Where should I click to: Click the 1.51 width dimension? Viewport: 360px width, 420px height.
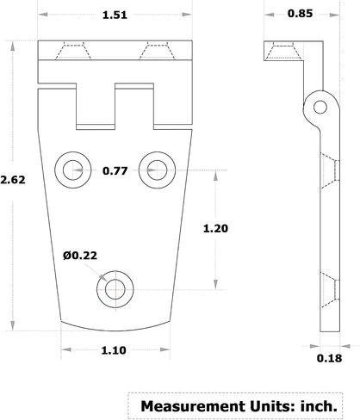point(115,15)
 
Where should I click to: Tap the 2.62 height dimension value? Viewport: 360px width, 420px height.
point(13,180)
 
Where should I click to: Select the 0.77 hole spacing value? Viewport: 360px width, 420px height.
point(115,170)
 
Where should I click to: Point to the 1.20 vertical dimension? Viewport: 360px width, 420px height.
point(215,228)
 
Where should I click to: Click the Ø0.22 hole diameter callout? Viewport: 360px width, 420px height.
point(80,256)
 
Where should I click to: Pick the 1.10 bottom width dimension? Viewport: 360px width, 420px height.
point(114,350)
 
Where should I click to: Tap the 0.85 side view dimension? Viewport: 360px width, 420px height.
point(300,14)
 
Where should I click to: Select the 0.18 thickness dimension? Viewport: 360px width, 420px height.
point(329,358)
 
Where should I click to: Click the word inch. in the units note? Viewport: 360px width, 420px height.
point(319,406)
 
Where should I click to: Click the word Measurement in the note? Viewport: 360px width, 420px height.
point(193,406)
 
